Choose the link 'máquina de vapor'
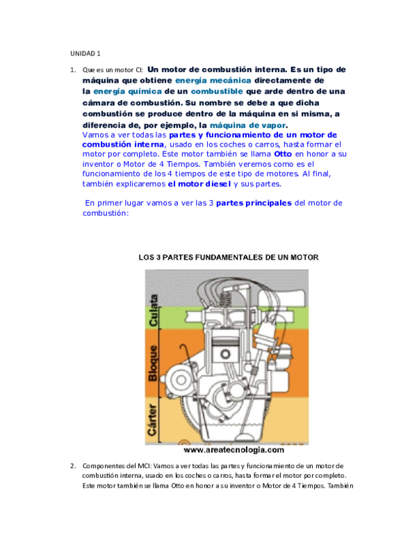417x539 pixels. [248, 125]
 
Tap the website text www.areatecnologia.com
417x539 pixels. [234, 450]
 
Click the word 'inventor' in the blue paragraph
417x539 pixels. [100, 164]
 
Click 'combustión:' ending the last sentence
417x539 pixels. [105, 213]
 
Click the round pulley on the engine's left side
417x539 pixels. [180, 379]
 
